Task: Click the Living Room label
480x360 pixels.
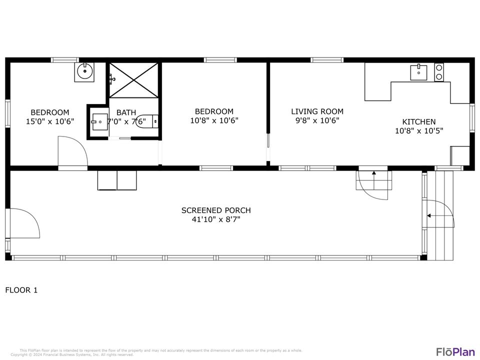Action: pyautogui.click(x=317, y=111)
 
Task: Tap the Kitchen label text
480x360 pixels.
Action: pyautogui.click(x=418, y=121)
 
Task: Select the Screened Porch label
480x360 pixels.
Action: pyautogui.click(x=216, y=210)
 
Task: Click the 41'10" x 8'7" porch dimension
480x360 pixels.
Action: pyautogui.click(x=216, y=219)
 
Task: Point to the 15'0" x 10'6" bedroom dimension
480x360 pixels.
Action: pyautogui.click(x=50, y=121)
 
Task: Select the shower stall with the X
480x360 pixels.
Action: pyautogui.click(x=133, y=80)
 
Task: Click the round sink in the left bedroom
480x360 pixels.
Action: pyautogui.click(x=84, y=72)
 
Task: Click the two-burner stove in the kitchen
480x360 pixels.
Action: pyautogui.click(x=438, y=72)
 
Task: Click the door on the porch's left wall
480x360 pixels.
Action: pyautogui.click(x=24, y=223)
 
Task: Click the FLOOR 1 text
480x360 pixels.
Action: pyautogui.click(x=21, y=290)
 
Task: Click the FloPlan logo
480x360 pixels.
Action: pyautogui.click(x=455, y=351)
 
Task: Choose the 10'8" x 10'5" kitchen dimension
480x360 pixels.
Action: pyautogui.click(x=418, y=130)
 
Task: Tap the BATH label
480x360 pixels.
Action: pyautogui.click(x=126, y=112)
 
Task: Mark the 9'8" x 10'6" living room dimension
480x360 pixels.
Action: pyautogui.click(x=317, y=120)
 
